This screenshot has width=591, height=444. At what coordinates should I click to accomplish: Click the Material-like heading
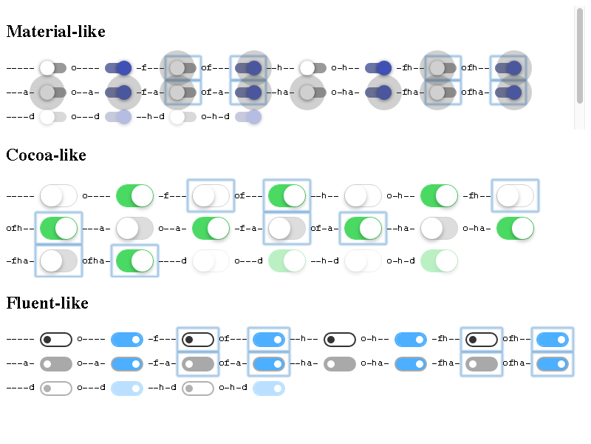[55, 32]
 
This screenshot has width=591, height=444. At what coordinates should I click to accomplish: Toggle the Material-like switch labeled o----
[118, 68]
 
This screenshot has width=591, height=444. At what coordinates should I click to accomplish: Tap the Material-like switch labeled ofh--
[510, 68]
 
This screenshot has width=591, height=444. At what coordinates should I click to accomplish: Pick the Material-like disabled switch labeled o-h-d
[248, 117]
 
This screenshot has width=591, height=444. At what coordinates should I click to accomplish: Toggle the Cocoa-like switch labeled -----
[58, 196]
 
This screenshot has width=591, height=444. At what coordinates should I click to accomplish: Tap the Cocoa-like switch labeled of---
[286, 196]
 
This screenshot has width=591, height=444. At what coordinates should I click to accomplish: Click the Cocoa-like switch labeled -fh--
[515, 196]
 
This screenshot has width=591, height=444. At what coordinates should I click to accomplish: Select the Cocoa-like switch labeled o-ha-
[515, 229]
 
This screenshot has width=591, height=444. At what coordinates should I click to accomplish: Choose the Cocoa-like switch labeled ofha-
[134, 260]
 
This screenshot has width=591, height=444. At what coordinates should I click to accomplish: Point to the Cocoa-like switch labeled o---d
[287, 260]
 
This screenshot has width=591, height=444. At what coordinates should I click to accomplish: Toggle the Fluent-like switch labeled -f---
[198, 340]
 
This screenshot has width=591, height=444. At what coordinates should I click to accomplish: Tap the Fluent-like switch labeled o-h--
[410, 340]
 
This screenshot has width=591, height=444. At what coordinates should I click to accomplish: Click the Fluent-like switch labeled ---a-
[56, 364]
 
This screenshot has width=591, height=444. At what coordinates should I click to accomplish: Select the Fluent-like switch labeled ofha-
[553, 364]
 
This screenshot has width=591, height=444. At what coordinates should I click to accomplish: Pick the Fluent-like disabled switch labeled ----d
[56, 388]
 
